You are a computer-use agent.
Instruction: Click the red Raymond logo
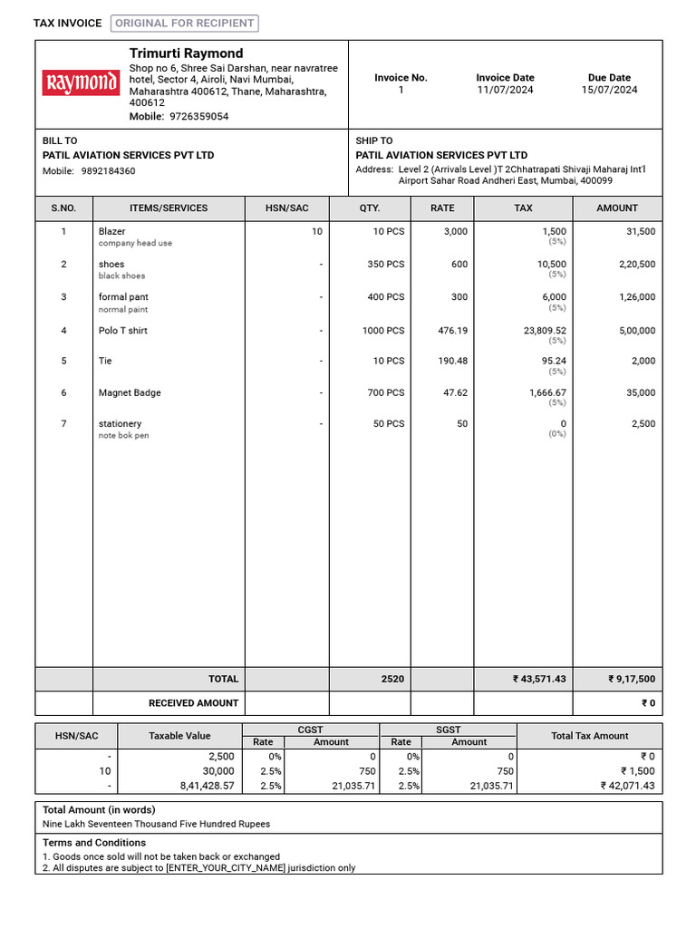[81, 83]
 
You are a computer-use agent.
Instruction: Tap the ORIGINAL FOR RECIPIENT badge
[185, 24]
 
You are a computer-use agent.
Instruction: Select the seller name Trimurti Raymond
[186, 53]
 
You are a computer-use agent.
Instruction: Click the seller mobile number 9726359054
[198, 117]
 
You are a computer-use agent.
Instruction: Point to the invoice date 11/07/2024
[505, 91]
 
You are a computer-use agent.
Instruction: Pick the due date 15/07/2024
[609, 91]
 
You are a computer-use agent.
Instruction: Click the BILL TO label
[60, 140]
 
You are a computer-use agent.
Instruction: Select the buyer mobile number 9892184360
[108, 171]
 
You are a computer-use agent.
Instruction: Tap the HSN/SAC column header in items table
[286, 208]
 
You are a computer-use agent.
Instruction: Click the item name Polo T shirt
[122, 331]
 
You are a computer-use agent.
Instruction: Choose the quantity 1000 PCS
[383, 331]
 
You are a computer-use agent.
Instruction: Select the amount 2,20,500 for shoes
[637, 265]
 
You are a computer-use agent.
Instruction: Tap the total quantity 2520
[392, 679]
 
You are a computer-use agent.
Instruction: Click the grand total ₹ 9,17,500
[632, 679]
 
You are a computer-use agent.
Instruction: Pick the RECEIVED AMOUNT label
[193, 703]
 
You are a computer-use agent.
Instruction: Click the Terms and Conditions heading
[94, 843]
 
